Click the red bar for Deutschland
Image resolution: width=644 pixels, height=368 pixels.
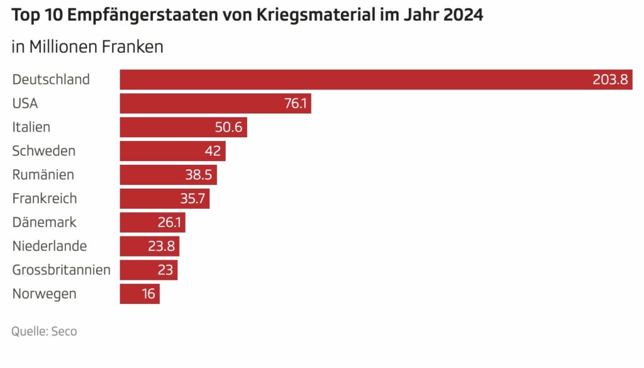pyautogui.click(x=352, y=80)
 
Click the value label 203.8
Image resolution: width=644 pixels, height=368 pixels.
pyautogui.click(x=610, y=80)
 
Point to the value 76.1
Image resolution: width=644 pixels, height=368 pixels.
pyautogui.click(x=295, y=104)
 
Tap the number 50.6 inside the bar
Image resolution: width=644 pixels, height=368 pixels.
pyautogui.click(x=229, y=128)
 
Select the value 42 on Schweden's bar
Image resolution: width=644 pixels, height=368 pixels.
pyautogui.click(x=212, y=151)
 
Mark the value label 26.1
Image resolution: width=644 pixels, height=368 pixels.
pyautogui.click(x=170, y=223)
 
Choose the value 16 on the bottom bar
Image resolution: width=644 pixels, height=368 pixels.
pyautogui.click(x=148, y=294)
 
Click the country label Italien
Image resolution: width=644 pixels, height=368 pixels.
pyautogui.click(x=31, y=128)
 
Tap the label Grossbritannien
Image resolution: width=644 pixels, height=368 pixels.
pyautogui.click(x=61, y=270)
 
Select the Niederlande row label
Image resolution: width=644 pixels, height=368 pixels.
pyautogui.click(x=49, y=247)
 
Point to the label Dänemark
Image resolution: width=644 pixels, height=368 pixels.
pyautogui.click(x=44, y=223)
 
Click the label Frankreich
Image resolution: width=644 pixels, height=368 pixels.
pyautogui.click(x=44, y=199)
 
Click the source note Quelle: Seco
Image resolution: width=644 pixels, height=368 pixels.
pyautogui.click(x=44, y=332)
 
